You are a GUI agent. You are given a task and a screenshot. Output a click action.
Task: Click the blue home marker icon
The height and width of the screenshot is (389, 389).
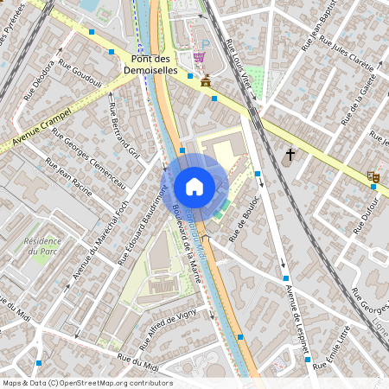pos(194,186)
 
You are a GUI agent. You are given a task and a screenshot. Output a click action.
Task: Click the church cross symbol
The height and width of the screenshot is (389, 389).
pos(290,156)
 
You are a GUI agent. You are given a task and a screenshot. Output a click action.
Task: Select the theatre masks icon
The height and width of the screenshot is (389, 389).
pos(373,176)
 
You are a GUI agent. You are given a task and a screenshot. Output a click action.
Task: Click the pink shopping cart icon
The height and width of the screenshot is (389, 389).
pos(200,57)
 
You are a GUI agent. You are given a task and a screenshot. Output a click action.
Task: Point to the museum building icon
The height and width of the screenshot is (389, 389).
pos(205,81)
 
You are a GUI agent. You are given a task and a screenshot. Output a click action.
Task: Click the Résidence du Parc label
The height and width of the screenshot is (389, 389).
pos(42,246)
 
